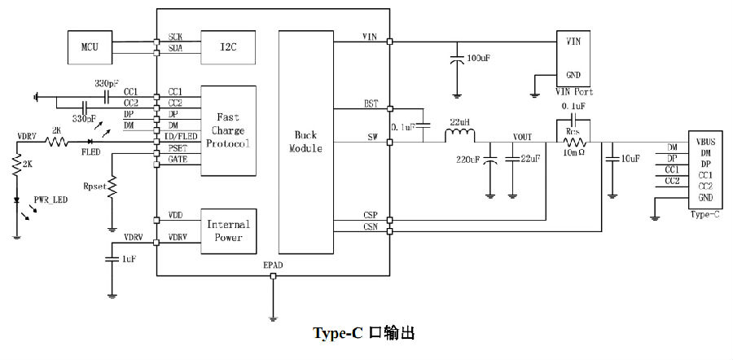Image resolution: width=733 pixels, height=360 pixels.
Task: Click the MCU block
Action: (90, 47)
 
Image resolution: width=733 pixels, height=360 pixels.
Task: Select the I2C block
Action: (228, 47)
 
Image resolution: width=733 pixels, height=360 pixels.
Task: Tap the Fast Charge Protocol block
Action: (228, 131)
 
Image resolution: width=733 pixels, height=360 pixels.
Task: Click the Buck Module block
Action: (305, 143)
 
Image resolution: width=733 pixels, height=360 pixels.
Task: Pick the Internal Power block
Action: (228, 231)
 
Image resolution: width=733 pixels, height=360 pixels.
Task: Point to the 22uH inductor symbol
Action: (459, 136)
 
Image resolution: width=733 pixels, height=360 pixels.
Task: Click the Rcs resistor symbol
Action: (574, 143)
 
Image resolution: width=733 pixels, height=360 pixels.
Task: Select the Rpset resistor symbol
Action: (112, 187)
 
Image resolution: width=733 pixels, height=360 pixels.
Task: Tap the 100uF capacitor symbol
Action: (457, 59)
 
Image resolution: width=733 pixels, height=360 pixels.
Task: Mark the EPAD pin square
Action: (274, 276)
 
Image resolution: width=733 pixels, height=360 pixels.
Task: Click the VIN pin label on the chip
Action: (370, 37)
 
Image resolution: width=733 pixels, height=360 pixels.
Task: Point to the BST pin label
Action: (371, 103)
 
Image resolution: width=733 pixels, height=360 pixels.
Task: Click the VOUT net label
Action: (522, 137)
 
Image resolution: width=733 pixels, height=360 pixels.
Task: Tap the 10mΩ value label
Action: (574, 154)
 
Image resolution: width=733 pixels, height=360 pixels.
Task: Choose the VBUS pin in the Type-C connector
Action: (705, 141)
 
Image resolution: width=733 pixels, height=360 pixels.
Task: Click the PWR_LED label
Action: (50, 200)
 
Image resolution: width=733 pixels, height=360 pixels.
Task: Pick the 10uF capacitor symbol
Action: (612, 160)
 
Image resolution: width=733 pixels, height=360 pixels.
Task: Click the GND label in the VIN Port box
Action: (573, 75)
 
